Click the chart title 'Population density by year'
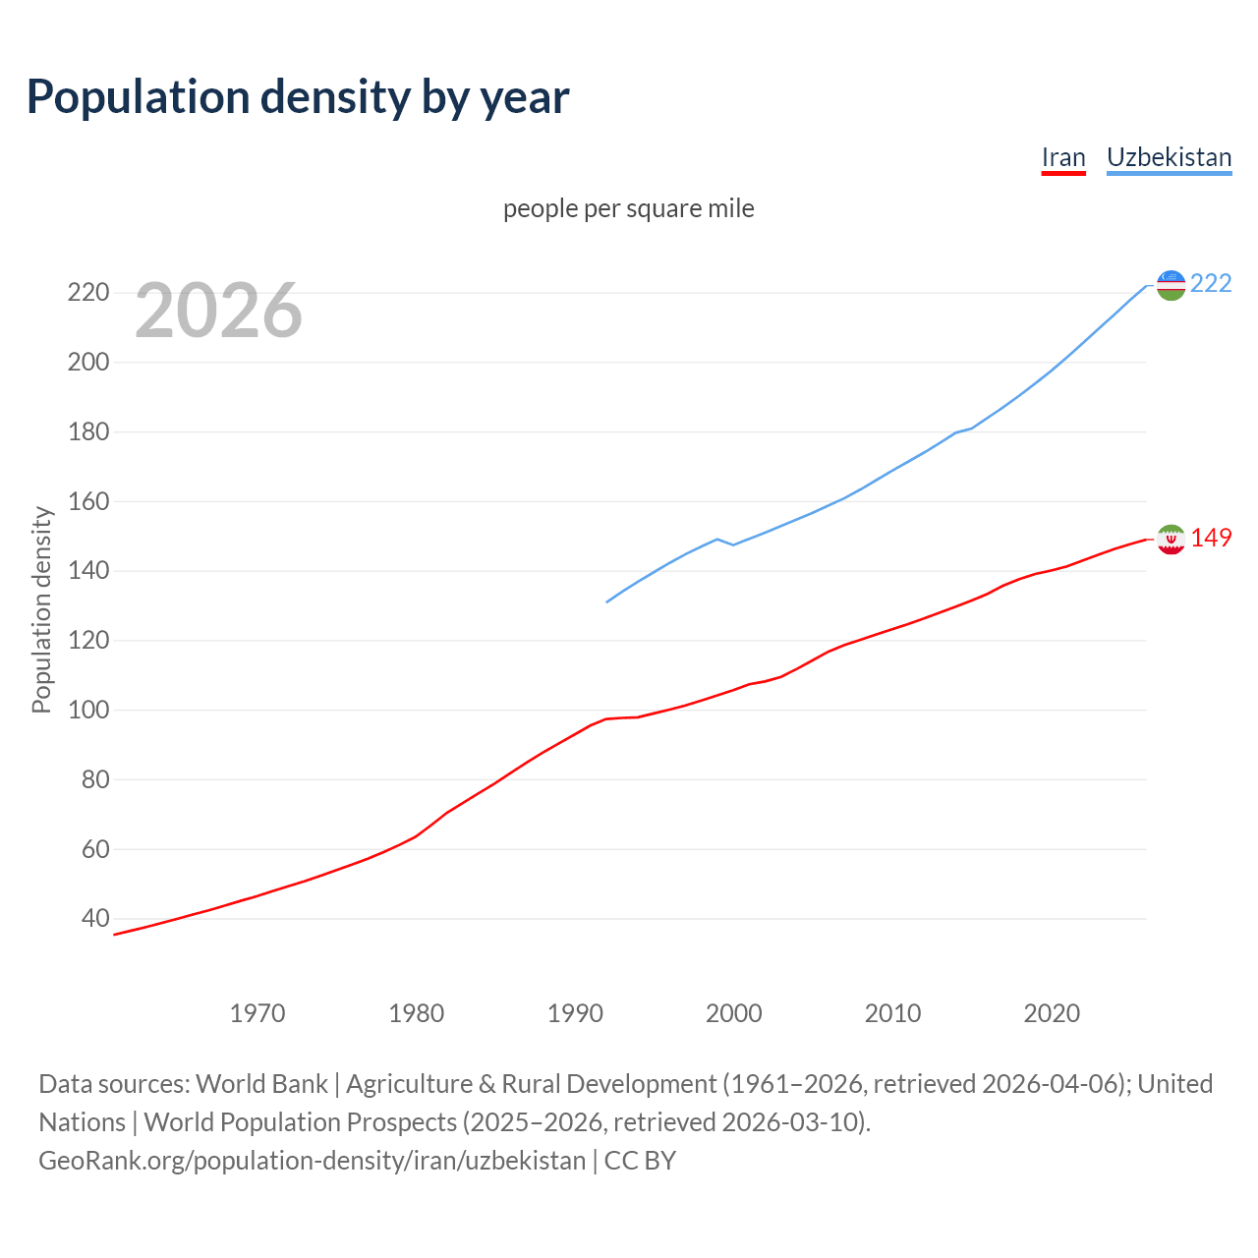[298, 97]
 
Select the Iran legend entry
[1062, 158]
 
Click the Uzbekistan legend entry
[1169, 158]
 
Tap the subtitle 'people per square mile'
[628, 209]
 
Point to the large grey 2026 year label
[218, 311]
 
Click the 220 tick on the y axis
[87, 293]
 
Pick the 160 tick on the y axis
[87, 501]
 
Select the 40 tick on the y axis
[94, 919]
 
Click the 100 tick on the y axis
[87, 710]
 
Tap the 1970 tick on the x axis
[257, 1013]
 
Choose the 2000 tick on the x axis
[734, 1013]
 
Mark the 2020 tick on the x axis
[1052, 1013]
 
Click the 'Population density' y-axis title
[41, 609]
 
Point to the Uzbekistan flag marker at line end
[1171, 285]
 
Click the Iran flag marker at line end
[1171, 539]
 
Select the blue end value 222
[1211, 284]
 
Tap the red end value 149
[1211, 539]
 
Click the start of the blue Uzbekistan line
[607, 601]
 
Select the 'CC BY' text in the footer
[640, 1161]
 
